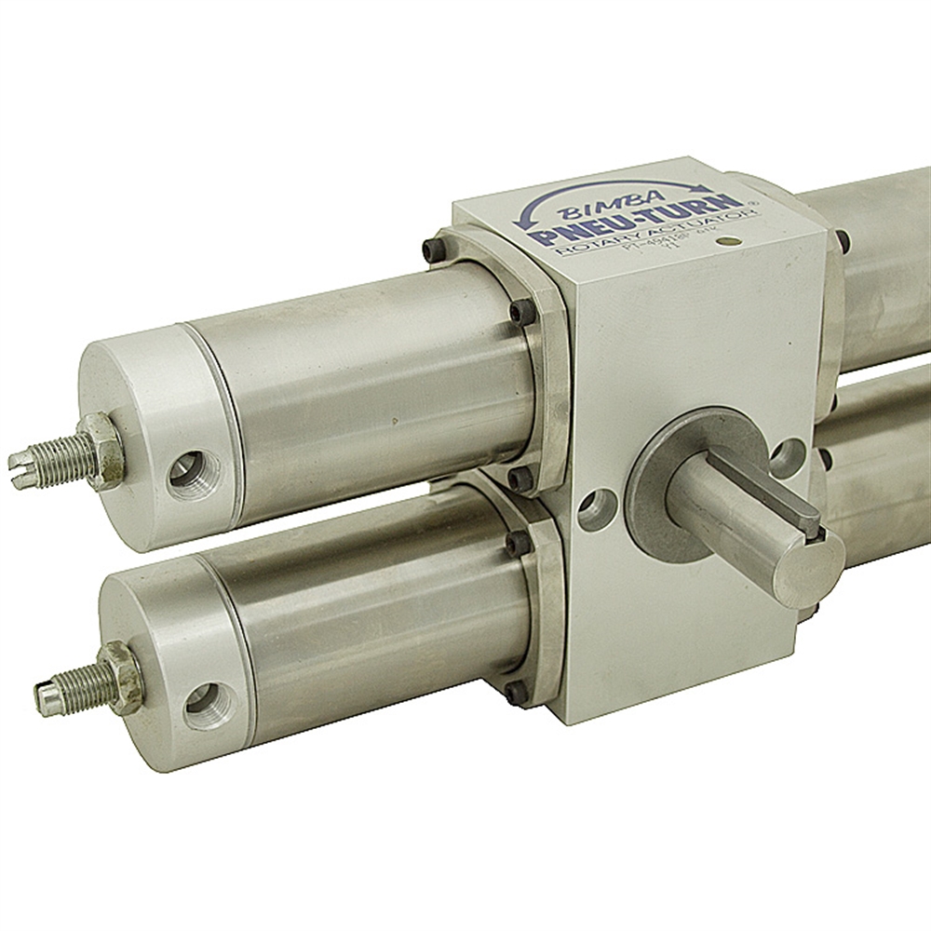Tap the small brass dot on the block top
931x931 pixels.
[731, 242]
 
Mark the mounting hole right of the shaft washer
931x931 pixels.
[788, 457]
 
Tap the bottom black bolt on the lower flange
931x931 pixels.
[515, 692]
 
